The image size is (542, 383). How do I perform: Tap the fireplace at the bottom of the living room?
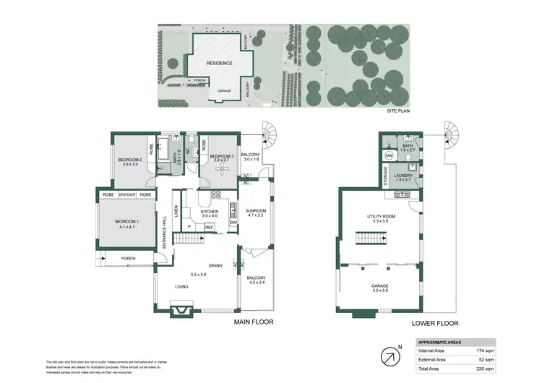(181, 311)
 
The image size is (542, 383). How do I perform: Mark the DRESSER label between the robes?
(126, 195)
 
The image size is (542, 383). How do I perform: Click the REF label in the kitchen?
(209, 227)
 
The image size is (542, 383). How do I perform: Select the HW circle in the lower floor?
(389, 155)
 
